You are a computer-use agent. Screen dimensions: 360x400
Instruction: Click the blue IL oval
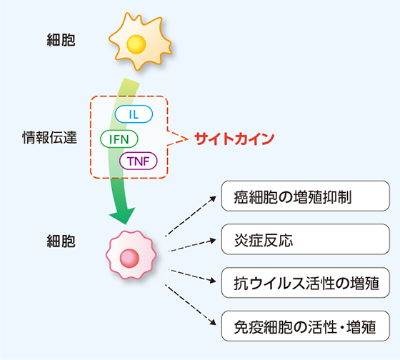tap(134, 114)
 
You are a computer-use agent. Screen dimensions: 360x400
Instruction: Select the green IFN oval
tap(119, 138)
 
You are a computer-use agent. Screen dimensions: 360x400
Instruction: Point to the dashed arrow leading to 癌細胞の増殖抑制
tap(189, 215)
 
